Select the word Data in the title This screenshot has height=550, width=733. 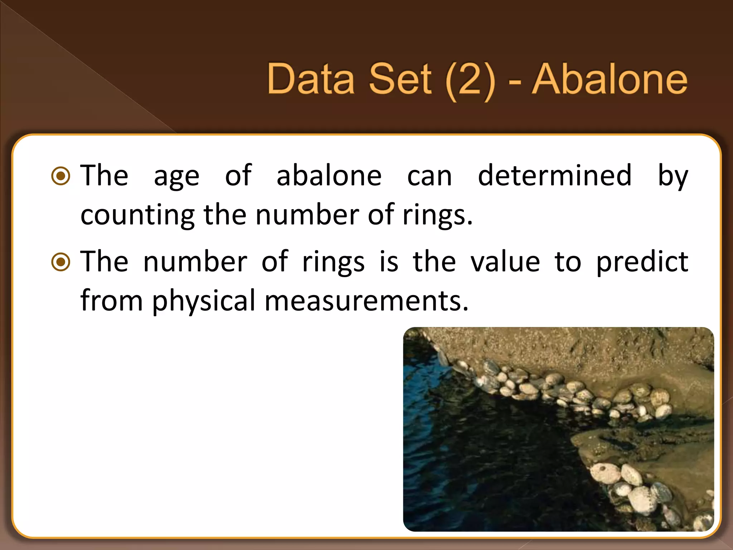click(x=311, y=79)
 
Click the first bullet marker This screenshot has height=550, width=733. click(x=61, y=176)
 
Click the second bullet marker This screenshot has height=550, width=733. click(x=61, y=262)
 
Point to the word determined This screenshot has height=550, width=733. click(x=555, y=175)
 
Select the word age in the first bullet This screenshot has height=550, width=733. click(x=176, y=177)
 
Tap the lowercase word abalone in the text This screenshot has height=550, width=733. click(x=329, y=175)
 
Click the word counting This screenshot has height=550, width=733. click(x=137, y=216)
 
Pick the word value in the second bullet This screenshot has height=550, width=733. click(x=505, y=262)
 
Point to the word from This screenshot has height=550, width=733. click(x=111, y=301)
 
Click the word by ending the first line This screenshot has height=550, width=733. click(x=673, y=176)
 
